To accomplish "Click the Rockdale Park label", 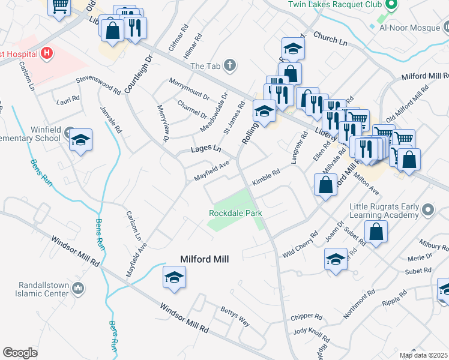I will pos(235,213).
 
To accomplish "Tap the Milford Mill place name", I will pos(206,259).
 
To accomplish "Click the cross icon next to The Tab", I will pos(229,65).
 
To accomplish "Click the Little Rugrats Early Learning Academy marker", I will pos(427,210).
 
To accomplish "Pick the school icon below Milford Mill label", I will pos(174,278).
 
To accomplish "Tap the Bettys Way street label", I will pos(235,315).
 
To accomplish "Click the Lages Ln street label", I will pos(206,149).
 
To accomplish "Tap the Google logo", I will pos(20,353).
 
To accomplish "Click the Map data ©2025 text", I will pos(423,355).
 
